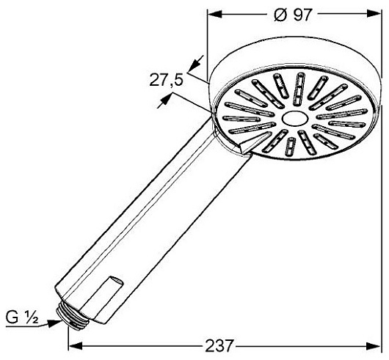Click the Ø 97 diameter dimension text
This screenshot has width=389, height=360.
tap(292, 15)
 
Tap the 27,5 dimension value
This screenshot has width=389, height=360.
tap(166, 81)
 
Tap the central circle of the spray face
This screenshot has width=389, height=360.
tap(294, 118)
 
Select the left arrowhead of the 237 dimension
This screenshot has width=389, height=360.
tap(75, 345)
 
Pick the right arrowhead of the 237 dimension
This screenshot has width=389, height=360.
tap(374, 345)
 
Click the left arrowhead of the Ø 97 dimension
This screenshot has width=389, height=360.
tap(214, 15)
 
